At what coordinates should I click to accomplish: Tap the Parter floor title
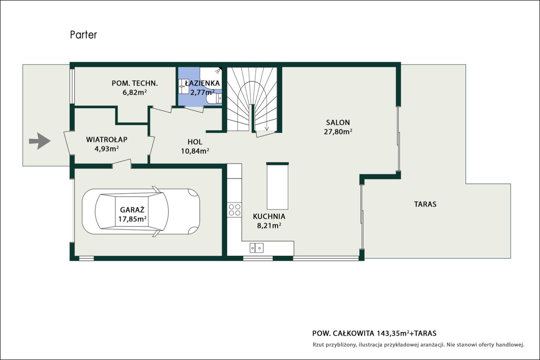tap(83, 35)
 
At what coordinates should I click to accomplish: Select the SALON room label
tap(338, 123)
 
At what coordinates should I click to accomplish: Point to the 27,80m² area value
tap(338, 132)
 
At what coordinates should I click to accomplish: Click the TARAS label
tap(425, 204)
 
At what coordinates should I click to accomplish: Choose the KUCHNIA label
tap(269, 216)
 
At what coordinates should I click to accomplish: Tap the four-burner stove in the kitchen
tap(234, 210)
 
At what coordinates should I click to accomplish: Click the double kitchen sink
tap(256, 248)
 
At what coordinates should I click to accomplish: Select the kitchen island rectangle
tap(277, 186)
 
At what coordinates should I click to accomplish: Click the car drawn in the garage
tap(141, 211)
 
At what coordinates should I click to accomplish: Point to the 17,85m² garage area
tap(132, 219)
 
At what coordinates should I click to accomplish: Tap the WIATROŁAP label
tap(107, 139)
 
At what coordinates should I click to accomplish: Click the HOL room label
tap(195, 142)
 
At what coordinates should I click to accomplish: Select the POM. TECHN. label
tap(135, 83)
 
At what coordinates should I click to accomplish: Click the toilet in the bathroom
tap(214, 99)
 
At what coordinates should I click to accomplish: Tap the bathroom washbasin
tap(184, 86)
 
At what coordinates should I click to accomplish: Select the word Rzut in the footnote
tap(318, 345)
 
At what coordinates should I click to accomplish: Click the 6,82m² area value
tap(135, 93)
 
